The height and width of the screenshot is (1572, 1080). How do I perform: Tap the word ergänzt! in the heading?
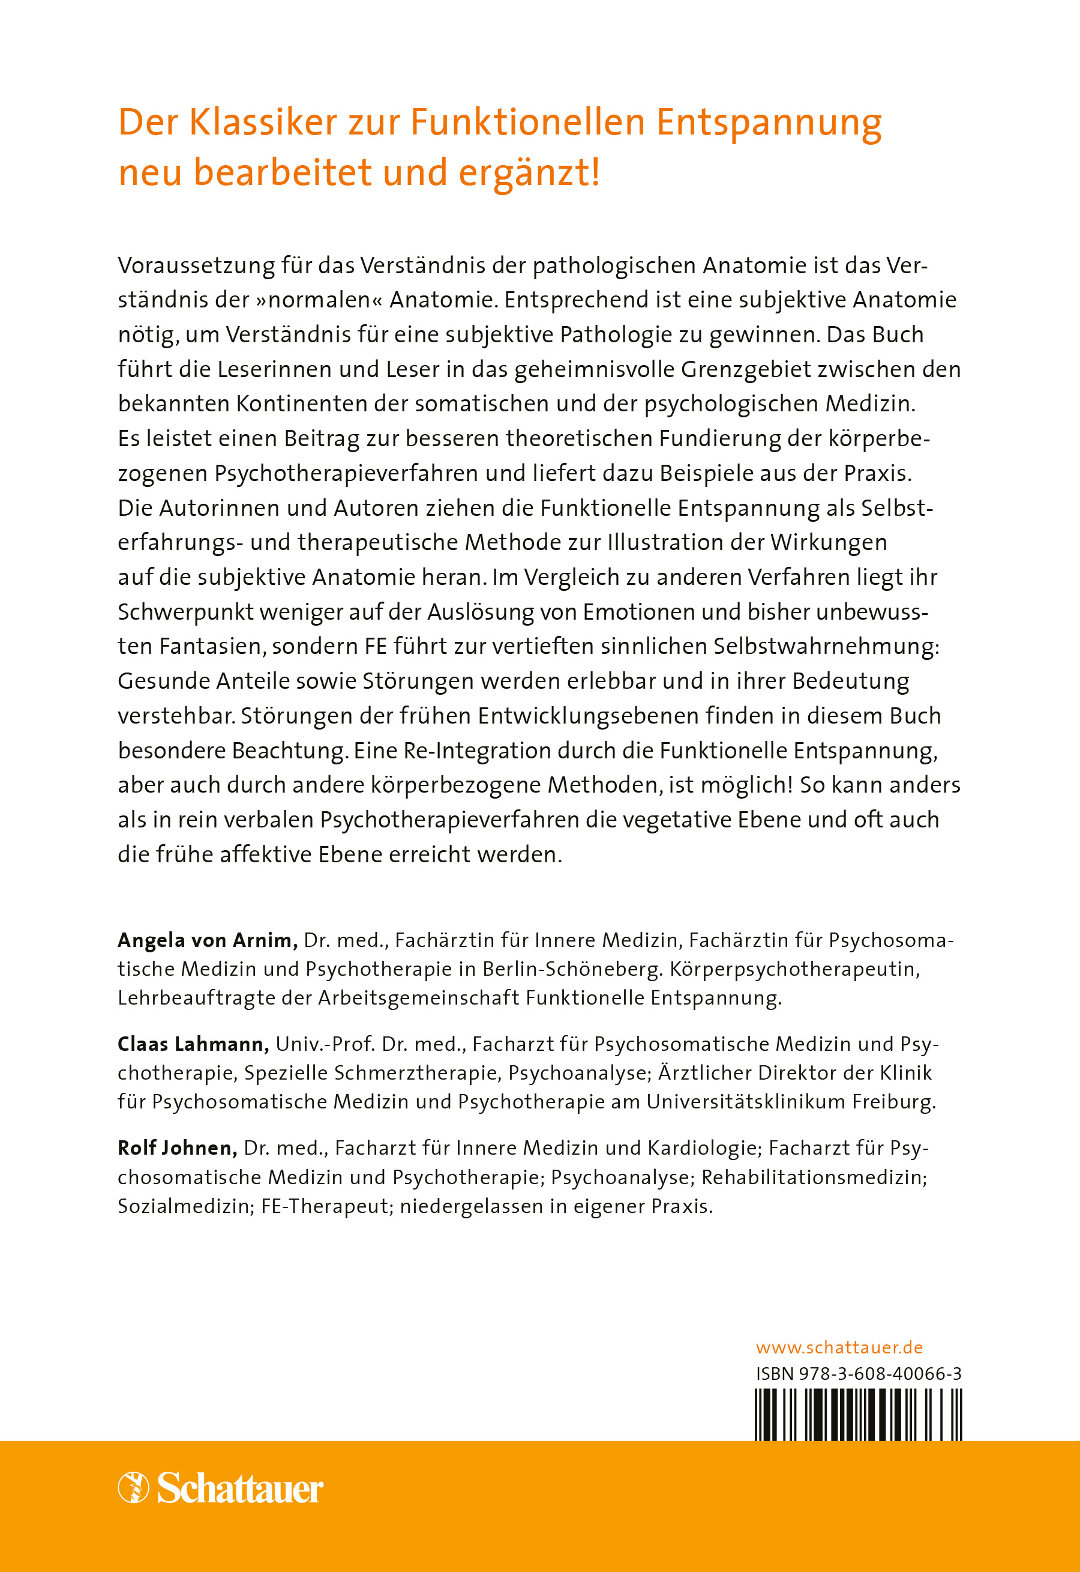pyautogui.click(x=529, y=173)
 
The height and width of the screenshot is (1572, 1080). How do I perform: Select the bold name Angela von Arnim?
pyautogui.click(x=207, y=940)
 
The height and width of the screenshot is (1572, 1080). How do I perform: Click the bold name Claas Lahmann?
pyautogui.click(x=193, y=1044)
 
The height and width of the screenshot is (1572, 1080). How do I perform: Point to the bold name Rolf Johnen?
pyautogui.click(x=177, y=1148)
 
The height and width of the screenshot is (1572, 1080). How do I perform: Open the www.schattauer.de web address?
pyautogui.click(x=839, y=1347)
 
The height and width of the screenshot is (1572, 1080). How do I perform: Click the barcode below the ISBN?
pyautogui.click(x=858, y=1413)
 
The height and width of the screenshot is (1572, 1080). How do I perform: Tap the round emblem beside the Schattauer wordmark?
pyautogui.click(x=133, y=1487)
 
